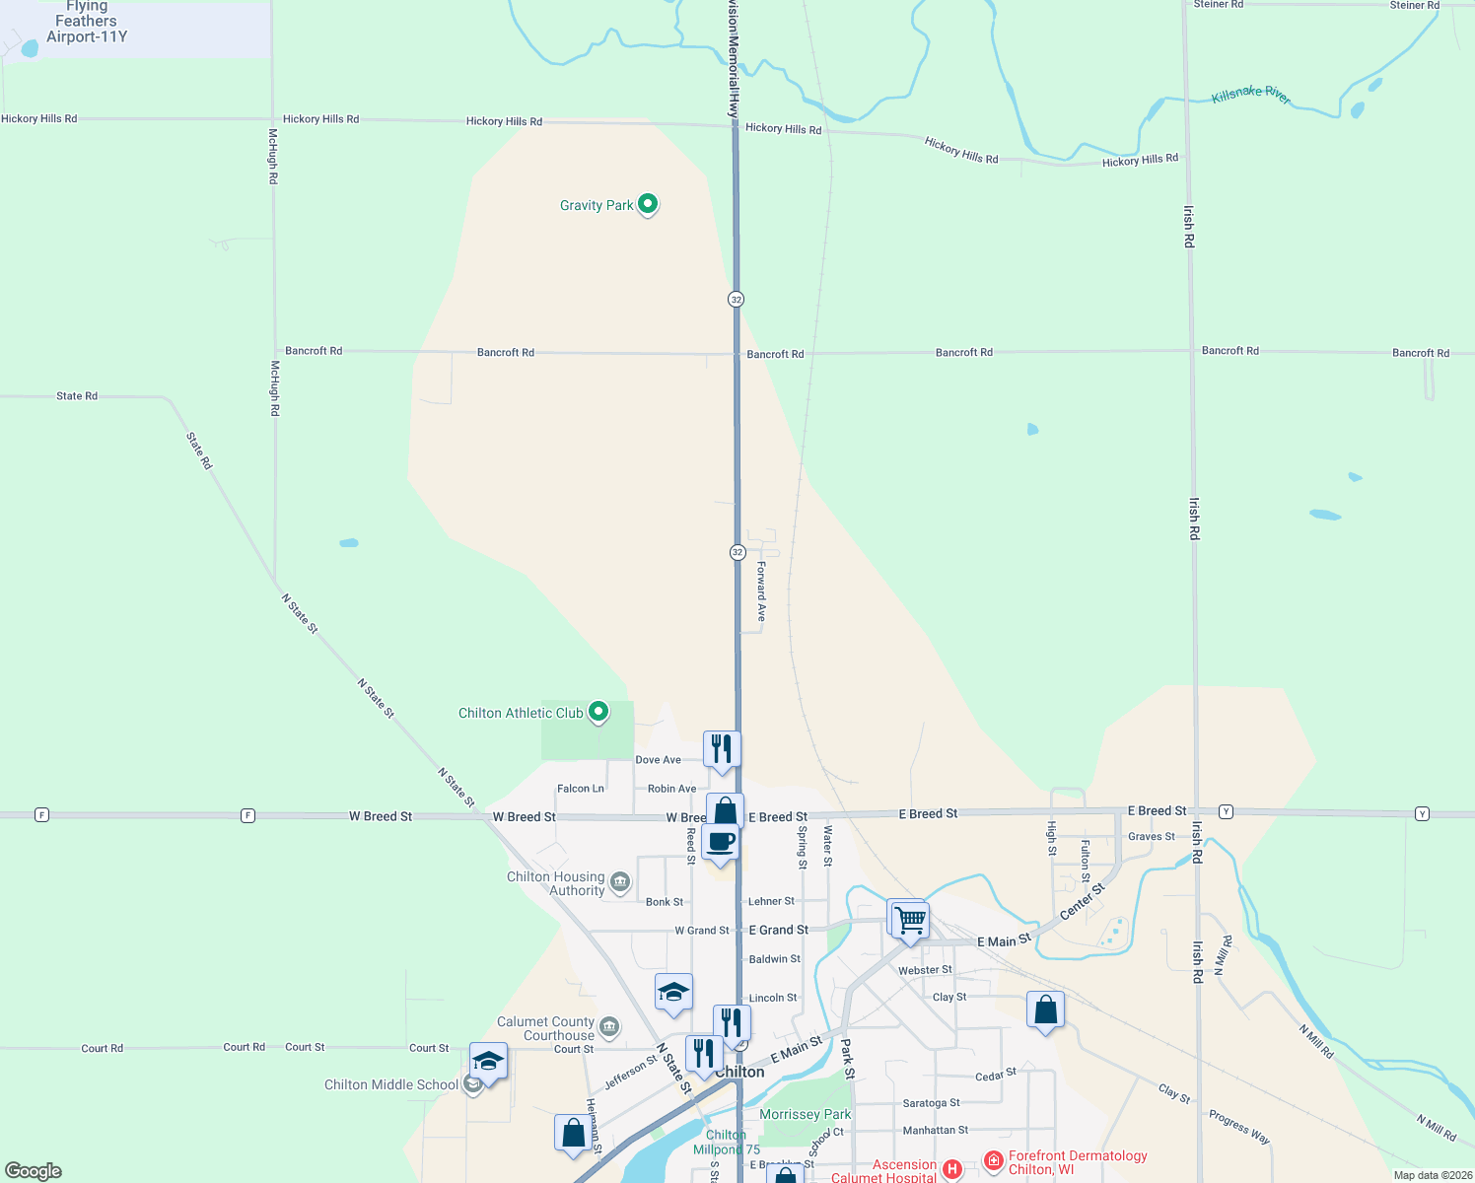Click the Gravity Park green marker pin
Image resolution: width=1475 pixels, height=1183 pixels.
[648, 204]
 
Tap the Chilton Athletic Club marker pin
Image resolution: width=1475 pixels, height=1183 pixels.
[597, 712]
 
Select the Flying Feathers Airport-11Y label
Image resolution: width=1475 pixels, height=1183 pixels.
[87, 22]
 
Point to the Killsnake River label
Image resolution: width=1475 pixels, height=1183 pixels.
[1250, 95]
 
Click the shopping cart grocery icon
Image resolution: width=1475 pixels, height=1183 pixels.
[910, 921]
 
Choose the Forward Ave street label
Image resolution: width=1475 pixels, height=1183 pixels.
[761, 591]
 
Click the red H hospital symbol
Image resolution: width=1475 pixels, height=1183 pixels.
[951, 1169]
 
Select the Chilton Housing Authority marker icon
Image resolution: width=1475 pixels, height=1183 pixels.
[620, 882]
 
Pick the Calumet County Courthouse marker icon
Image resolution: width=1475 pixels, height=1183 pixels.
[609, 1028]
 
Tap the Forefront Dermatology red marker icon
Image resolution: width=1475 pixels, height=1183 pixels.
[994, 1160]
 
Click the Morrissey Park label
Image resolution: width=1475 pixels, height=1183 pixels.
[805, 1114]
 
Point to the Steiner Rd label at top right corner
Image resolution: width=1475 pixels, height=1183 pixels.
[1414, 6]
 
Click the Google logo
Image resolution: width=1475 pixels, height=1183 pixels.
[34, 1171]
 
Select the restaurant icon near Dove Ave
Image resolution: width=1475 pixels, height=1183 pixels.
[722, 749]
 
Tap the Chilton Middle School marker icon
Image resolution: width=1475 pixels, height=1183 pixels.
[473, 1084]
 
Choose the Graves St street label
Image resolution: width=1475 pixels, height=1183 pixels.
[1151, 837]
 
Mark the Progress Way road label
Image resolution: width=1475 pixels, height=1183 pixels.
[1239, 1128]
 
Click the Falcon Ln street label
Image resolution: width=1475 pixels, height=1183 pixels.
[580, 789]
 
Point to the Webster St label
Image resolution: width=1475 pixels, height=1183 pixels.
[925, 970]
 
